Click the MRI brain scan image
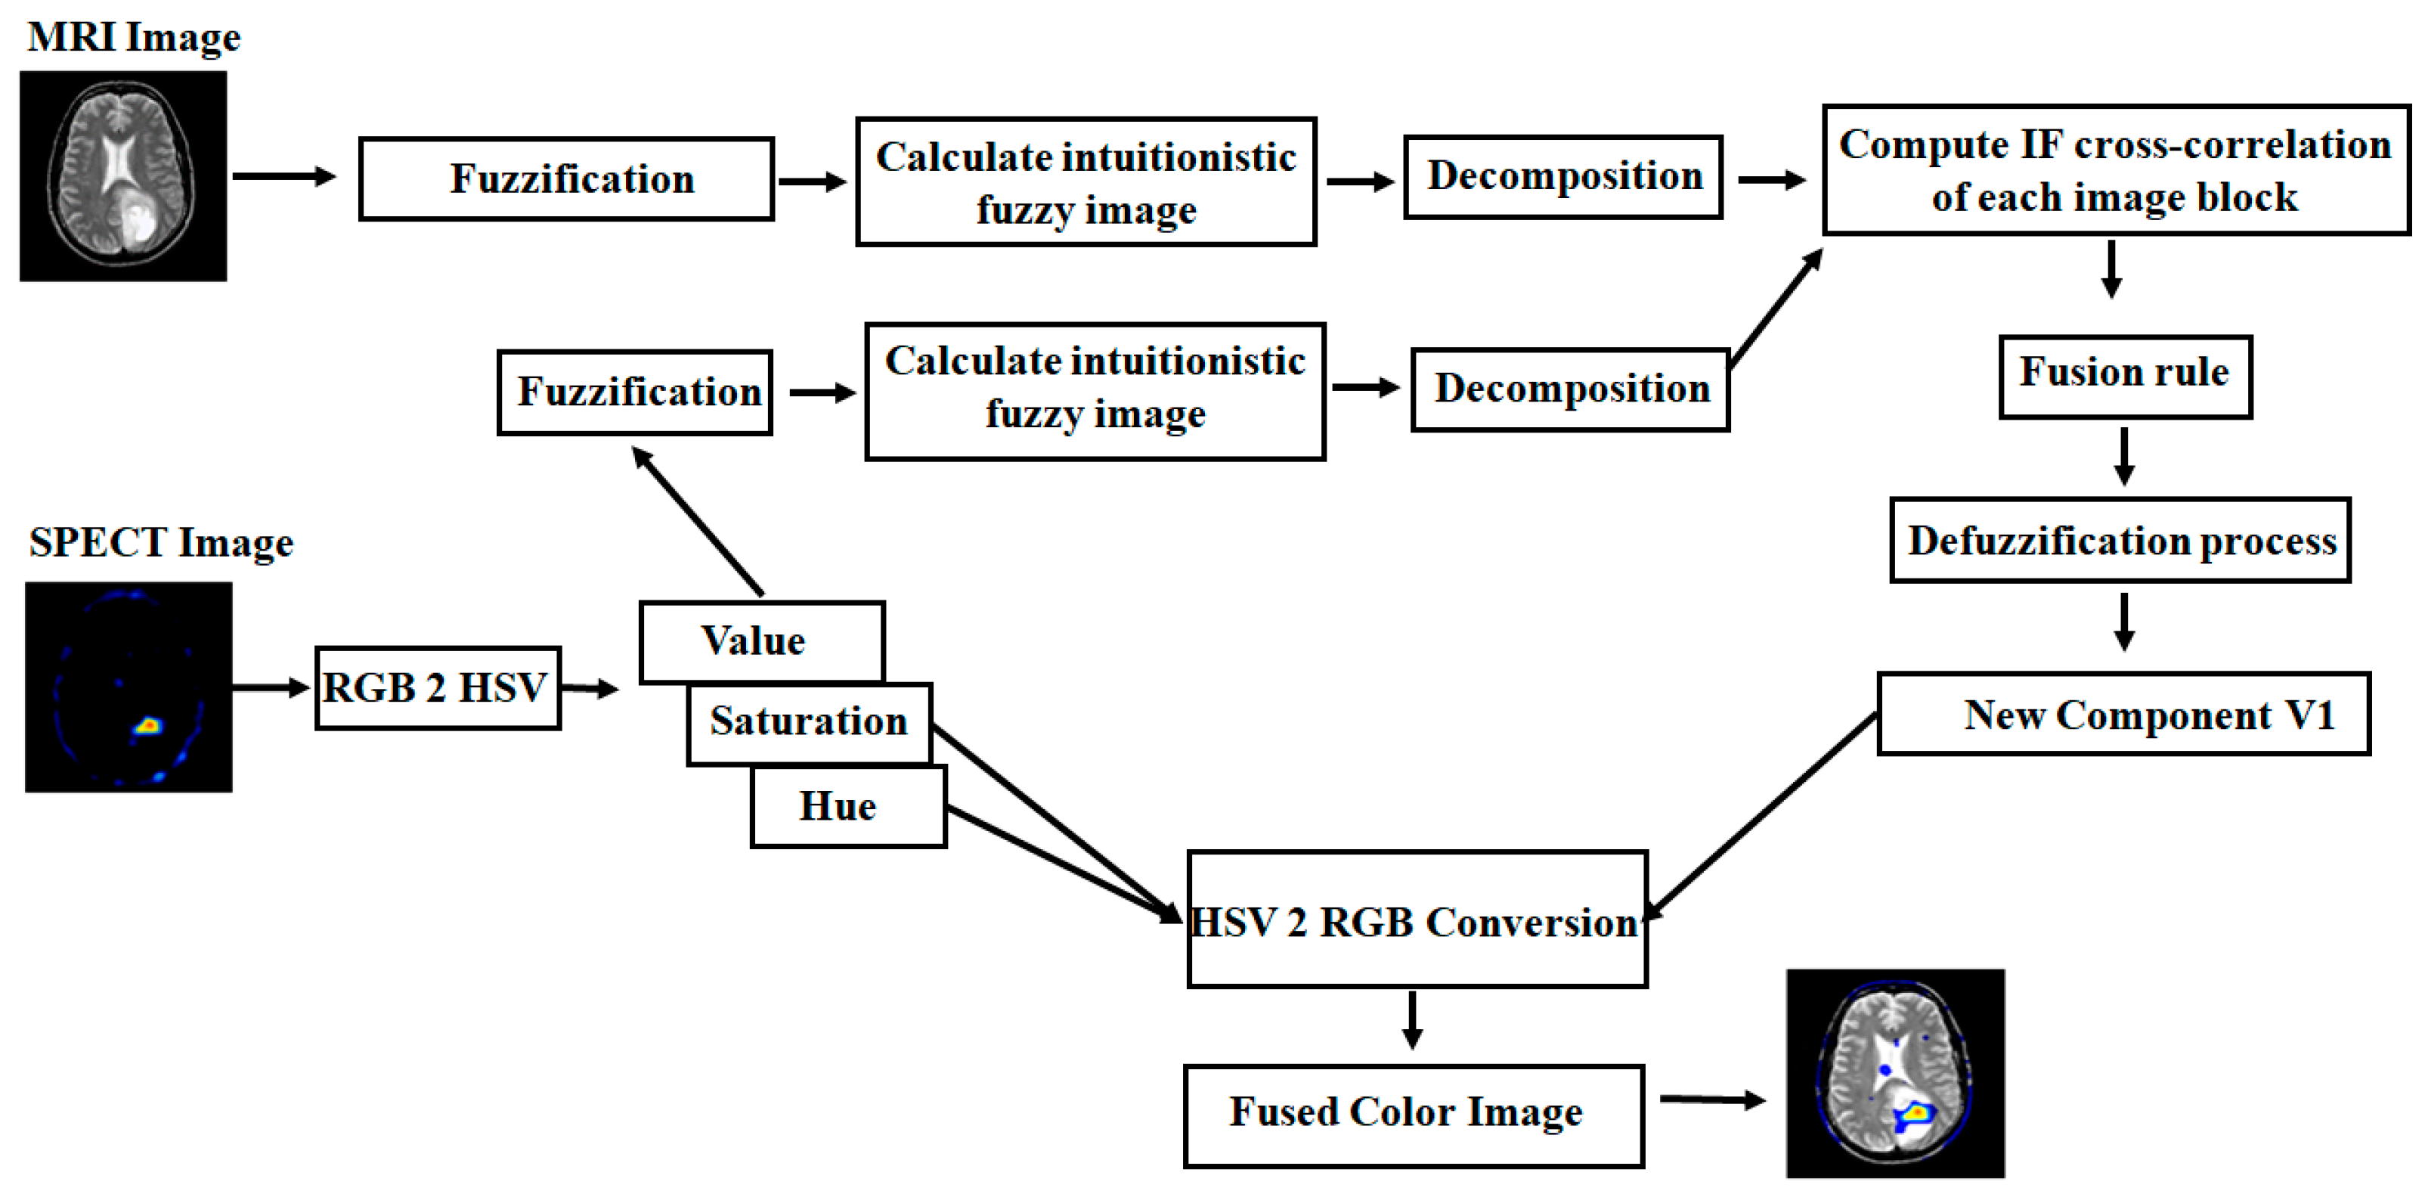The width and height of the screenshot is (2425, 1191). (x=123, y=176)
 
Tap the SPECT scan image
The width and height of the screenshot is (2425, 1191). (x=128, y=687)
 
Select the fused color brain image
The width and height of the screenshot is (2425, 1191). (x=1895, y=1073)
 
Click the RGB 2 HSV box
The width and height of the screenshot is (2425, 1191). (x=438, y=688)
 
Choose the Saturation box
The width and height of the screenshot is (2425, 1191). (x=809, y=722)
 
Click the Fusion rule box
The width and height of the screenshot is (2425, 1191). (x=2125, y=375)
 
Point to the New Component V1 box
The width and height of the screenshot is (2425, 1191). (x=2123, y=715)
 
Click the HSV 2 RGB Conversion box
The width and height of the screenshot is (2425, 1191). (x=1417, y=920)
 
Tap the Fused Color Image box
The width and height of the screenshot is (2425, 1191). (x=1413, y=1115)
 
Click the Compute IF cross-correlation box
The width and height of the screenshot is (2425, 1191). (x=2115, y=170)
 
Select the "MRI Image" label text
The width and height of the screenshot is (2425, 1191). (x=134, y=38)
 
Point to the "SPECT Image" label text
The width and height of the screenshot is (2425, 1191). (x=161, y=543)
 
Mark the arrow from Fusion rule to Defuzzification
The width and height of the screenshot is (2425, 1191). (x=2123, y=457)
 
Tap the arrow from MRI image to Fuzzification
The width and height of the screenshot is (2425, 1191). (x=283, y=176)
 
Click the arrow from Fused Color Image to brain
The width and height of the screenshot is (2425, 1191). (x=1711, y=1099)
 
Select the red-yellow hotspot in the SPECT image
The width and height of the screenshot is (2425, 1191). (x=148, y=726)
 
